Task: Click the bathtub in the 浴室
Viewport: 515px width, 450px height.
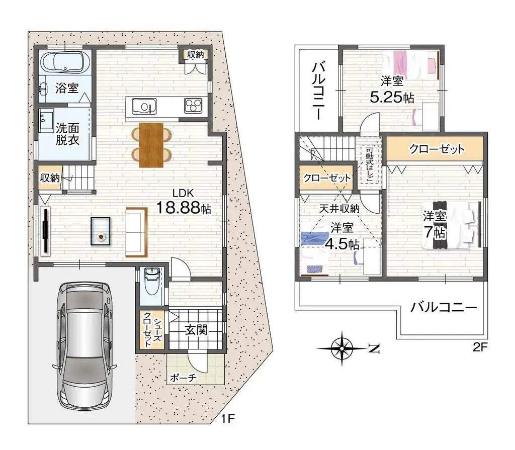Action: [65, 63]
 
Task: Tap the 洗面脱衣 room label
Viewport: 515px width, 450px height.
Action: [67, 134]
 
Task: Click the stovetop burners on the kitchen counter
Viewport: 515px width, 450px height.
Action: [193, 106]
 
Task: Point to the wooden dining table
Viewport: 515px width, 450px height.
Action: [151, 144]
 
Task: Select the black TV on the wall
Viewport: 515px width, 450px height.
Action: [46, 230]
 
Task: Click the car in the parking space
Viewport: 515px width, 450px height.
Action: [84, 346]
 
